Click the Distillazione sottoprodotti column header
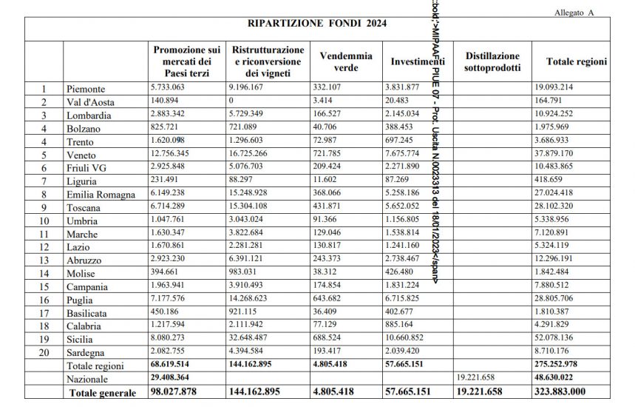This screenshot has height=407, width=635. pyautogui.click(x=492, y=61)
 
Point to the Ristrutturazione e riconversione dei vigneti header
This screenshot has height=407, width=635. pyautogui.click(x=268, y=61)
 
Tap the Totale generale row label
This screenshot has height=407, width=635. pyautogui.click(x=103, y=392)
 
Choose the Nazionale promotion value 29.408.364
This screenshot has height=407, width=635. pyautogui.click(x=180, y=378)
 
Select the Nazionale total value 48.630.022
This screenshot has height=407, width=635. pyautogui.click(x=563, y=378)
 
